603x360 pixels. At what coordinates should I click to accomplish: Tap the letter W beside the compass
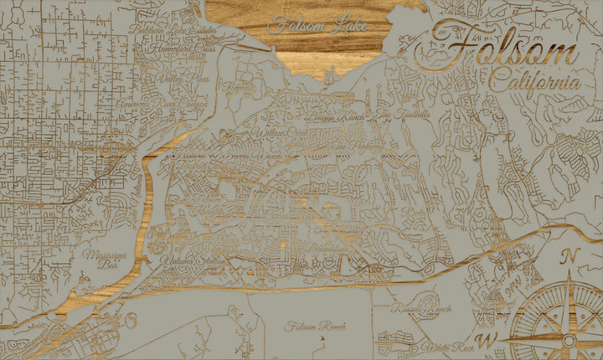click(492, 339)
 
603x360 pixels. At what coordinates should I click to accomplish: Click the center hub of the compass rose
click(569, 340)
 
